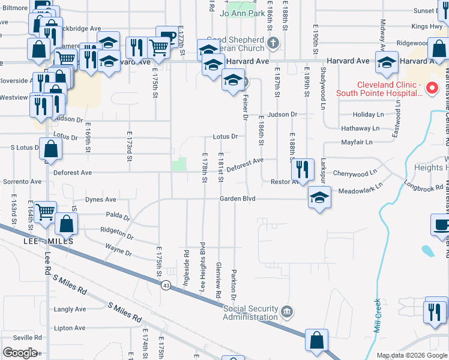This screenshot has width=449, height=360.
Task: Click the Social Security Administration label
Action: coord(250,313)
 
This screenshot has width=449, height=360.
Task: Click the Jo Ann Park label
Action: coord(243,13)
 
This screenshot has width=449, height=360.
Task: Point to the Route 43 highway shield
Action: coord(164,286)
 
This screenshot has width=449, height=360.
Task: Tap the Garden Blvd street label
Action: coord(238,199)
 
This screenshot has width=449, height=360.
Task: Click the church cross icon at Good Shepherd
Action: coord(273,42)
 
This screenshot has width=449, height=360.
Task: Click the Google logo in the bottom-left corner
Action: coord(20,352)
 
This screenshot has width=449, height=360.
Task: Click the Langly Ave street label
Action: coord(70,310)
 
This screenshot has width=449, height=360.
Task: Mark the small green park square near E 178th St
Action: coord(179,164)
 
